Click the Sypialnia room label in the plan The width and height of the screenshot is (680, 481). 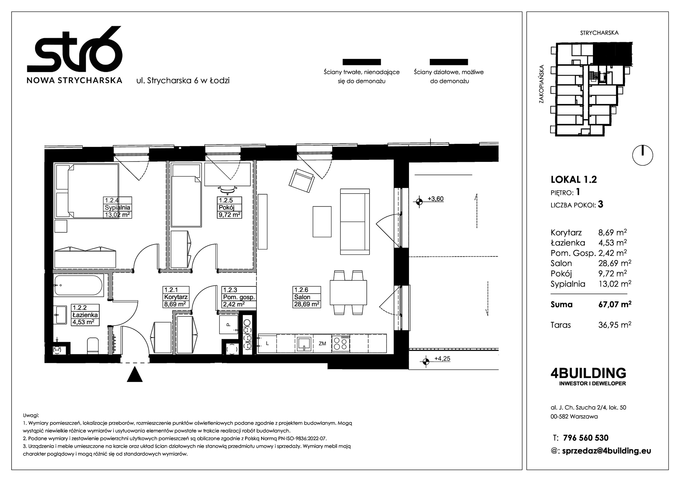click(x=118, y=208)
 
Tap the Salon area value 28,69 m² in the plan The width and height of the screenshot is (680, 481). click(x=307, y=304)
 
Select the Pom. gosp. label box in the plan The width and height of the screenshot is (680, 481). click(x=239, y=297)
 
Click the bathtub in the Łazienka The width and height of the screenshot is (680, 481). click(x=78, y=285)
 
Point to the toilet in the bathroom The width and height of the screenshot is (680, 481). click(x=92, y=345)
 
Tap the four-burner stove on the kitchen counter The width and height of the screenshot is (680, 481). click(x=341, y=343)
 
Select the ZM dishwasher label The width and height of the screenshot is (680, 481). click(x=322, y=344)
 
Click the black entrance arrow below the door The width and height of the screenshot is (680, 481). click(x=135, y=374)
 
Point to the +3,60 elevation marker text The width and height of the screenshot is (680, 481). click(x=436, y=199)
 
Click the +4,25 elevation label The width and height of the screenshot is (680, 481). click(x=442, y=359)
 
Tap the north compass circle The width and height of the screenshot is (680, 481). click(x=643, y=155)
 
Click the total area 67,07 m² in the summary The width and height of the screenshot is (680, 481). click(x=615, y=304)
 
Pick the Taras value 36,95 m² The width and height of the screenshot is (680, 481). click(x=615, y=325)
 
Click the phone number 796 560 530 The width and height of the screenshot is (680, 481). click(x=586, y=438)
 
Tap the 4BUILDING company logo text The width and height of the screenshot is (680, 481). click(x=588, y=373)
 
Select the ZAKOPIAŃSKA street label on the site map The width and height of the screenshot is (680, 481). click(x=542, y=84)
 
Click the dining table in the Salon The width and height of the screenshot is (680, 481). click(x=348, y=293)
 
